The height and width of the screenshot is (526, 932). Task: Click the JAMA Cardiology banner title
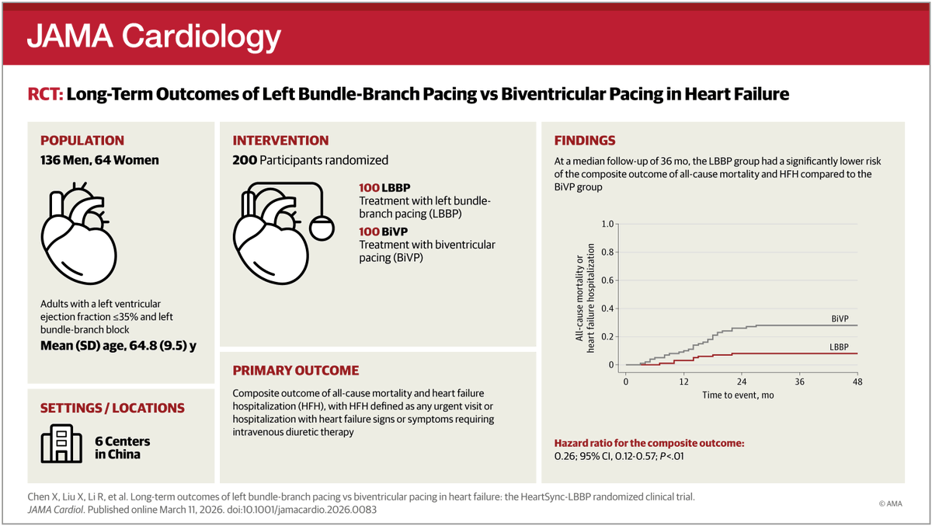153,36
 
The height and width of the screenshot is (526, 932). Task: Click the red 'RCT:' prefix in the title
45,95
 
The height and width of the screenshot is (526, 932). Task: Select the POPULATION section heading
82,141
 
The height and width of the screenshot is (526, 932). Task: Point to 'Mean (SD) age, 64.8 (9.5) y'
118,346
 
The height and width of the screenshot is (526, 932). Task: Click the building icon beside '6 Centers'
61,443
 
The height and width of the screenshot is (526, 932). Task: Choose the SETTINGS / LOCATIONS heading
113,408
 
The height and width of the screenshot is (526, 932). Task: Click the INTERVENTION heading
280,141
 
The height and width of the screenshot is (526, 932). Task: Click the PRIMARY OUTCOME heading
296,371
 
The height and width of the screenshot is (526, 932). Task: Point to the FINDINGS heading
584,141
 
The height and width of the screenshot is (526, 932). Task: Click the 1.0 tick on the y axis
607,224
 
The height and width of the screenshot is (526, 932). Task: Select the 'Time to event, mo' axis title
739,395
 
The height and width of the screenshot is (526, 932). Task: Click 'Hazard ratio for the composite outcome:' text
649,443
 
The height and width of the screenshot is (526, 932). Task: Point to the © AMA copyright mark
892,503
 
